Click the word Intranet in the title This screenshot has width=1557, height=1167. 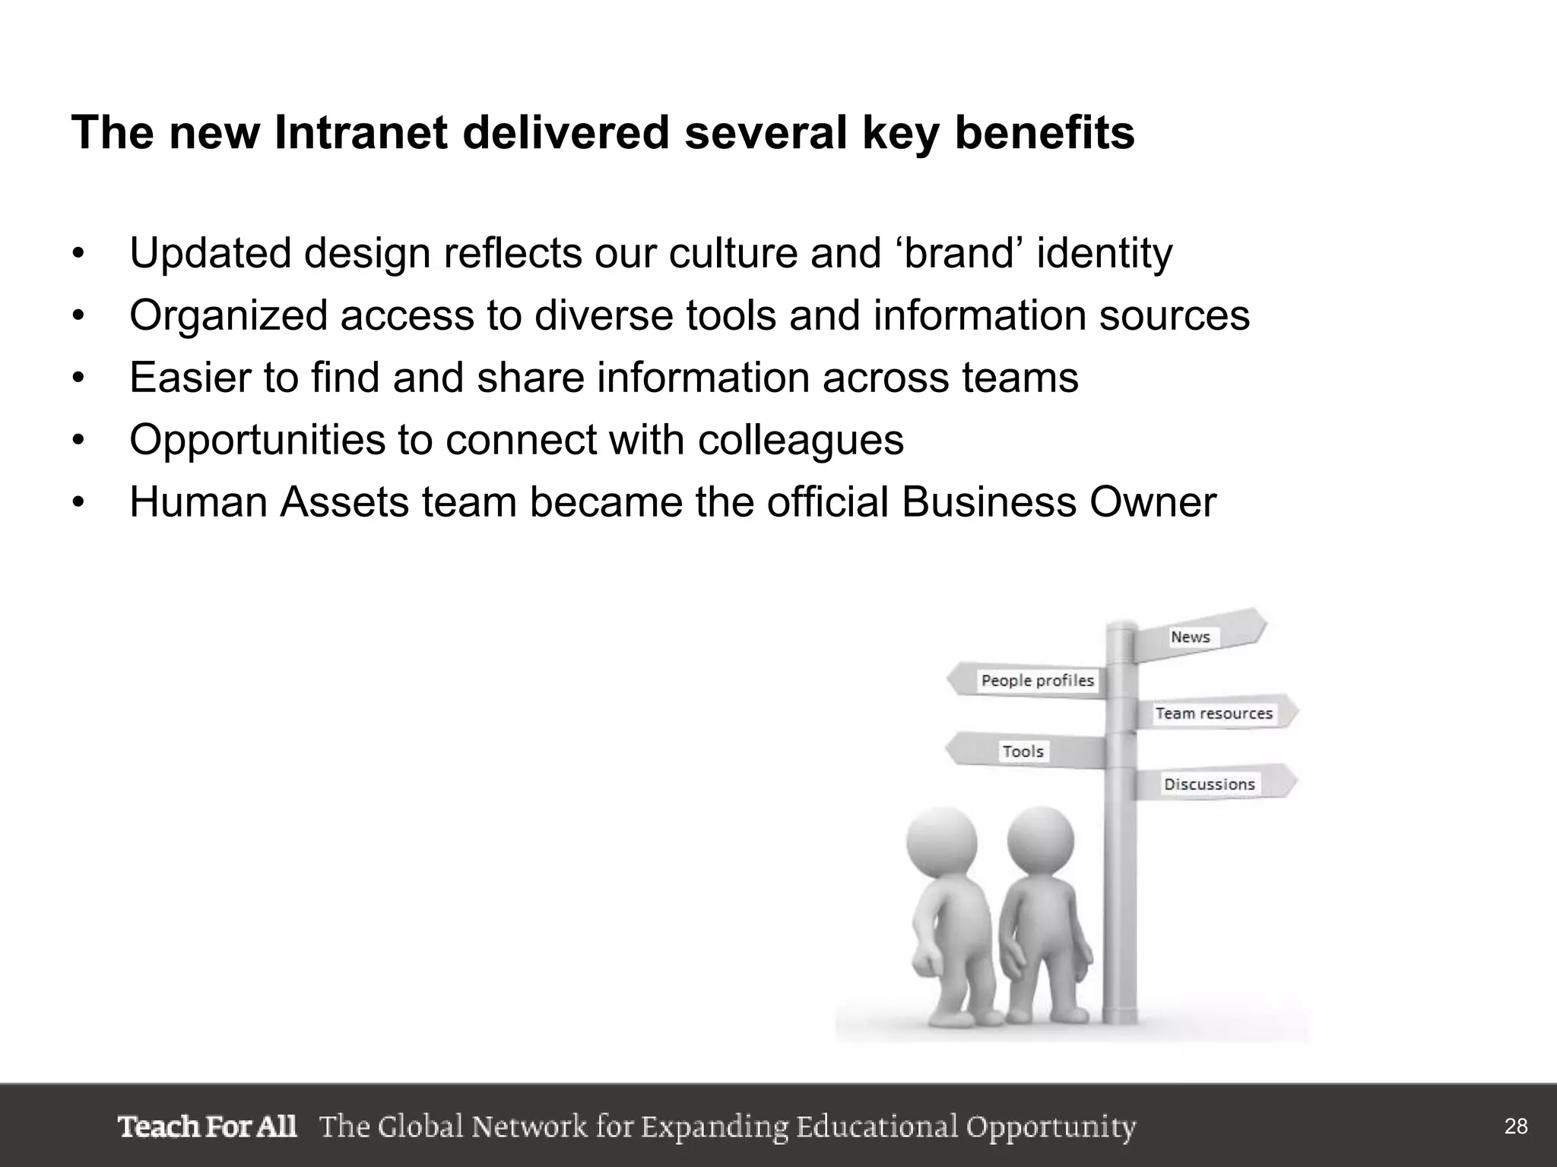[x=360, y=133]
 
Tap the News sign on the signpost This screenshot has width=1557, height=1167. [x=1191, y=637]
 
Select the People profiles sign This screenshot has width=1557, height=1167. [x=1037, y=681]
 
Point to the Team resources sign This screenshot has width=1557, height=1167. [x=1214, y=713]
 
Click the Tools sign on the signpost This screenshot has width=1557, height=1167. [x=1023, y=751]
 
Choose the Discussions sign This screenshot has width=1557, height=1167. [x=1209, y=784]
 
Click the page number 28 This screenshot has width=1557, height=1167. [x=1516, y=1126]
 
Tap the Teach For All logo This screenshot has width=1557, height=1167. [x=207, y=1126]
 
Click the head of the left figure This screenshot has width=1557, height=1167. [x=941, y=840]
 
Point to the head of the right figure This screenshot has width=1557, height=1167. [x=1041, y=839]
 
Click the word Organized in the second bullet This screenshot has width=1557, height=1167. [x=228, y=315]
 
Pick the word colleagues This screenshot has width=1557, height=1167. [x=801, y=440]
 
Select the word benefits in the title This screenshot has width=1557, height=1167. [x=1045, y=133]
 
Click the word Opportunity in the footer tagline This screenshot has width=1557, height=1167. [x=1051, y=1127]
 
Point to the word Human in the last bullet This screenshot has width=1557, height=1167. [x=198, y=502]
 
